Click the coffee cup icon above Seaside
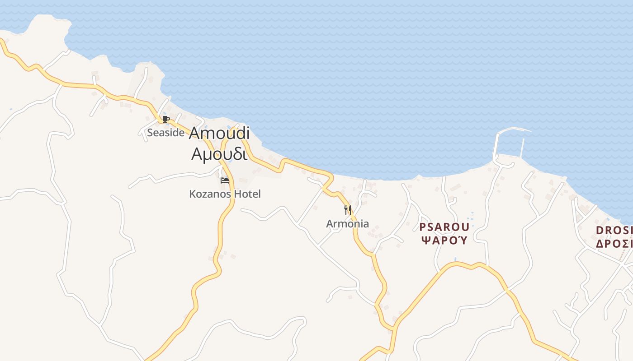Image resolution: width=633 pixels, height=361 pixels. click(x=165, y=119)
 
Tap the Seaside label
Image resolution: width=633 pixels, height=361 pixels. click(x=165, y=133)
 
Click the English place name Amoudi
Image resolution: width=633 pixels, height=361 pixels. click(x=219, y=133)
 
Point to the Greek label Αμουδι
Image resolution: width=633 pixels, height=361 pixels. click(x=219, y=153)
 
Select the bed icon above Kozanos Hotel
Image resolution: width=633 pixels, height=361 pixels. click(x=225, y=180)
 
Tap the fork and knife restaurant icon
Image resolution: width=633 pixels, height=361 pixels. click(x=347, y=210)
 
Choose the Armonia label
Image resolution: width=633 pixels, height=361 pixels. click(x=347, y=224)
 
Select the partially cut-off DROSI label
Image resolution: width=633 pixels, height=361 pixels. click(x=614, y=230)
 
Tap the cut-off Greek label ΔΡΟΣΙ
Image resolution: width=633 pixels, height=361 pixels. click(x=614, y=244)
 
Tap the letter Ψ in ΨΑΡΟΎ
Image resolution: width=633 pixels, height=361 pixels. click(x=425, y=240)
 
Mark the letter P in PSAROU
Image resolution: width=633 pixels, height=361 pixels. click(x=423, y=227)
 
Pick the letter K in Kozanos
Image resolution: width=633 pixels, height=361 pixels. click(x=192, y=194)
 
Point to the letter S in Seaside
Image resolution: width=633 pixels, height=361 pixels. click(x=150, y=133)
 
